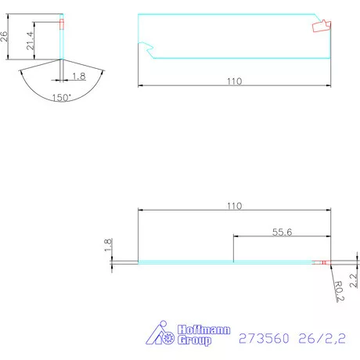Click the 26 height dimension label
click(x=5, y=36)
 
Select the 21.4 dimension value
click(x=31, y=40)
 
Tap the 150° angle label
click(x=61, y=97)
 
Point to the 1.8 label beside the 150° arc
click(x=78, y=75)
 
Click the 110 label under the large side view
click(x=233, y=81)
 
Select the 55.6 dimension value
click(x=282, y=232)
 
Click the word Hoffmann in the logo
click(x=204, y=330)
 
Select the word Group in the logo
click(x=194, y=340)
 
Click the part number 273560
click(x=264, y=339)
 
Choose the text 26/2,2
click(x=323, y=339)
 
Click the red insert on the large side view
click(x=321, y=27)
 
